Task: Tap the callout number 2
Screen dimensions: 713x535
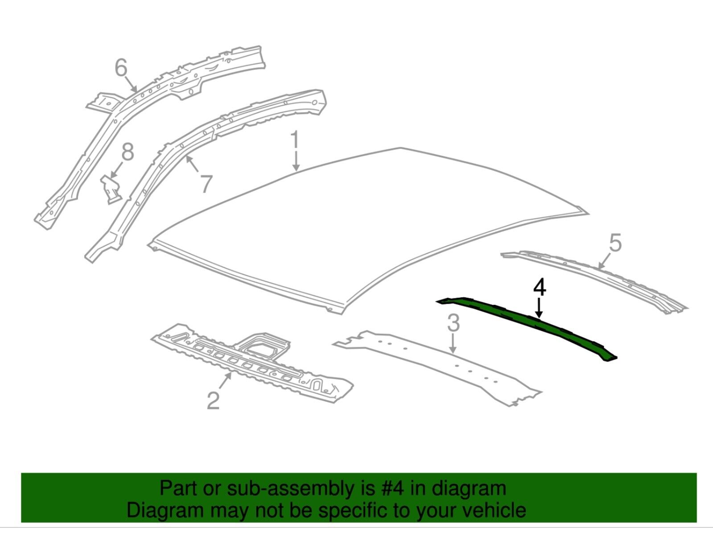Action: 213,400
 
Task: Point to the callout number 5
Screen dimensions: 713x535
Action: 615,243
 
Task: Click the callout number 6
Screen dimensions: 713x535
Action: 121,68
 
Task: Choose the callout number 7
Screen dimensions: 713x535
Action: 206,184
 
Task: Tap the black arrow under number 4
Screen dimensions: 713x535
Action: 539,308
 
